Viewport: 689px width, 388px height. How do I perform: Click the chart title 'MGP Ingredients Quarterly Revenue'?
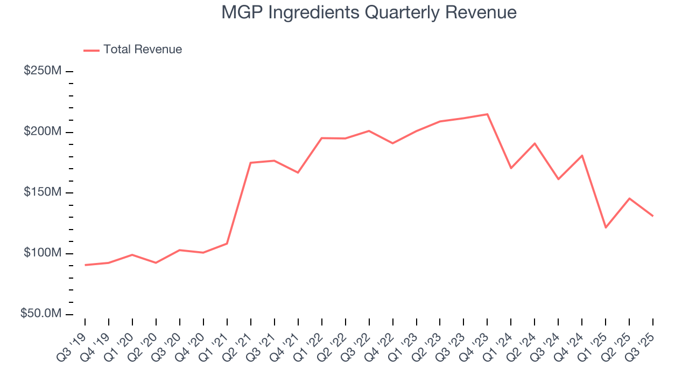(x=369, y=12)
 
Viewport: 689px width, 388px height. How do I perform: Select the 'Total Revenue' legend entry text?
(x=143, y=50)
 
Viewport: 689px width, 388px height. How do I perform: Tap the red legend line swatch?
(x=92, y=50)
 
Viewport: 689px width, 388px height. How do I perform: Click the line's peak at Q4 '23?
(x=487, y=114)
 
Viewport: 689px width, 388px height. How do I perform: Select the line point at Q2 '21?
(x=251, y=163)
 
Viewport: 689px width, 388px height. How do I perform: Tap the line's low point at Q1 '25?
(x=606, y=227)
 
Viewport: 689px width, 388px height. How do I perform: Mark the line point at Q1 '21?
(x=227, y=244)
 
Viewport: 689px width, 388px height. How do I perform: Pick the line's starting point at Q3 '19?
(x=85, y=265)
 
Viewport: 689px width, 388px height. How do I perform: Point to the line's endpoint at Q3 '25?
(x=653, y=216)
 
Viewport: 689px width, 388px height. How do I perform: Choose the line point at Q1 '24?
(x=511, y=168)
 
